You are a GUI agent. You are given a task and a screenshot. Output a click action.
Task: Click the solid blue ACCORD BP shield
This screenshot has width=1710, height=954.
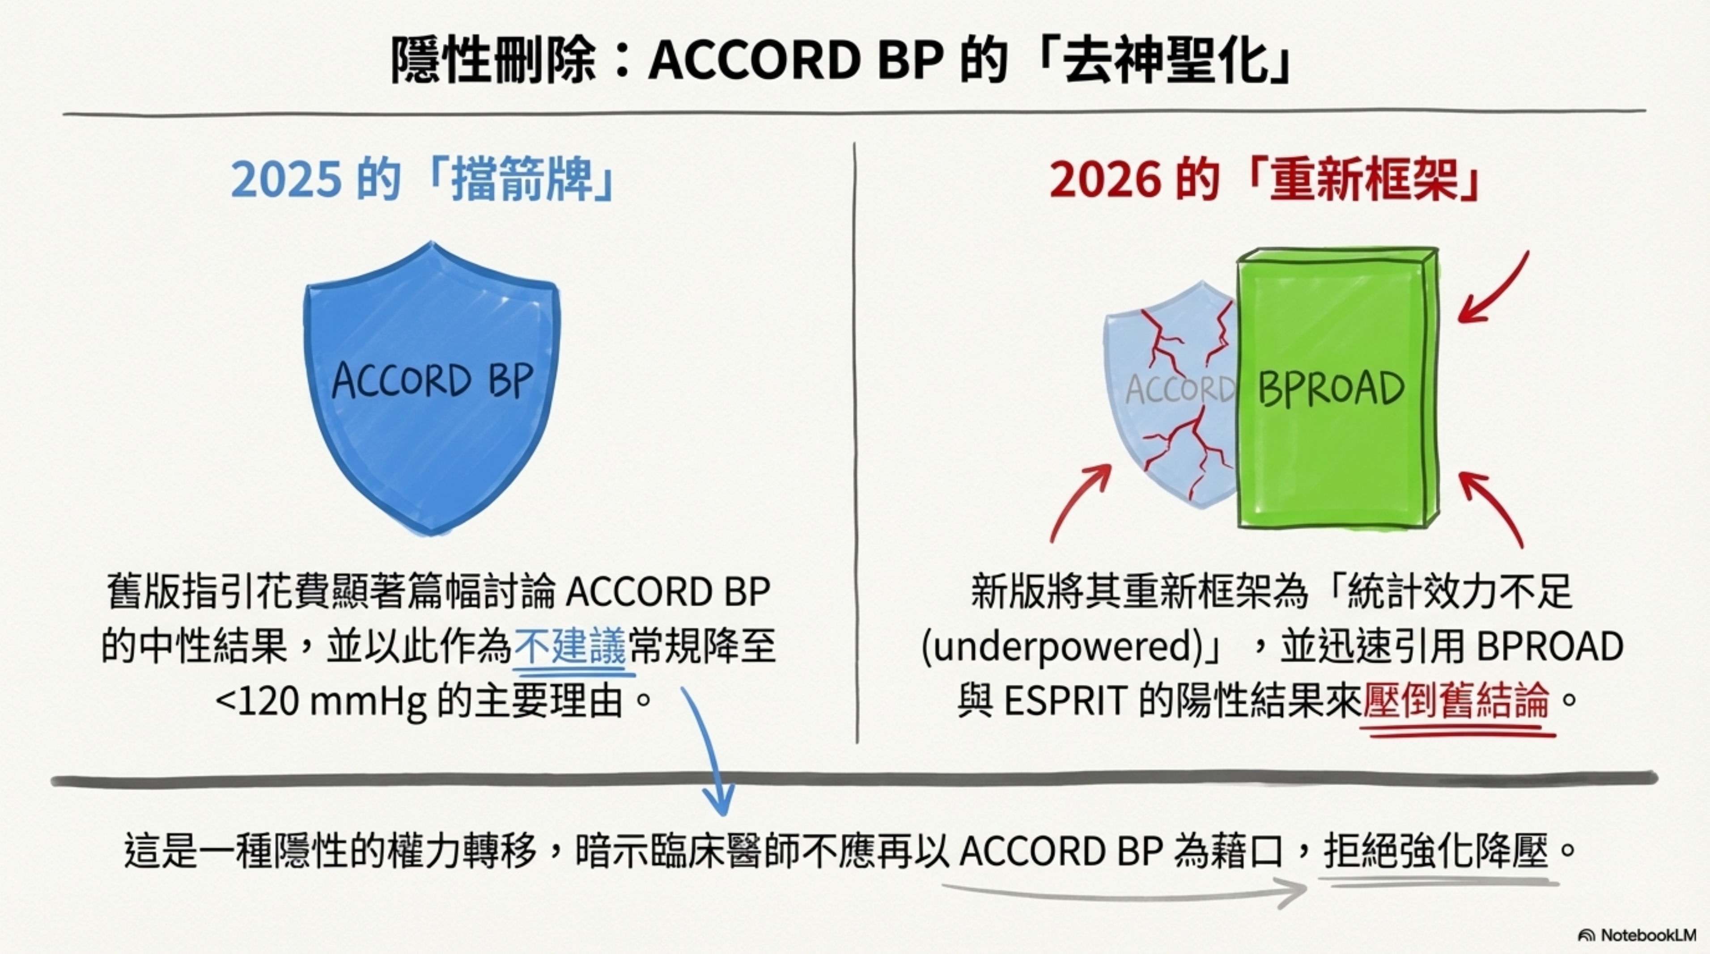point(432,388)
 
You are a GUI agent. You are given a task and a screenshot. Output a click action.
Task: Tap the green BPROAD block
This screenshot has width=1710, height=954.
point(1337,388)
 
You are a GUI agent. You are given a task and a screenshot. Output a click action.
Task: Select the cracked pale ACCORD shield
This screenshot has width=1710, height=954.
point(1171,395)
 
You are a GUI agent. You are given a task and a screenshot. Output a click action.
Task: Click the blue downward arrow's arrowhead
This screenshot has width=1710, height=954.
point(718,799)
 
